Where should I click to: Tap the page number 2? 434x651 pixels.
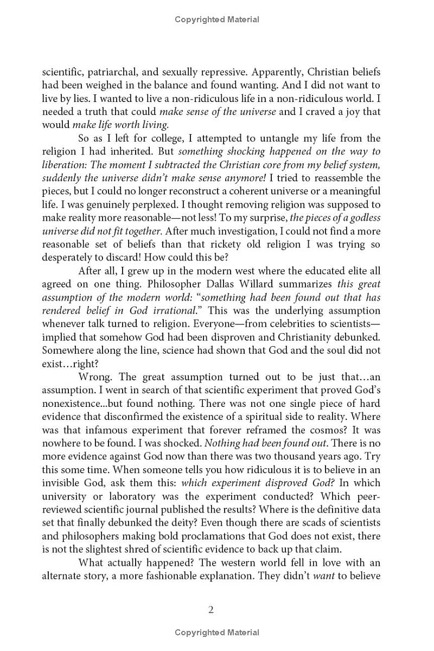coord(211,610)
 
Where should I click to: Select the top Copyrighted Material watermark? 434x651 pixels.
coord(217,20)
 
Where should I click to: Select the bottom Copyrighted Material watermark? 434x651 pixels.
coord(217,633)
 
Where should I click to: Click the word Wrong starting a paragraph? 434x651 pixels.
coord(95,376)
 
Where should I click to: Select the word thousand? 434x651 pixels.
coord(298,456)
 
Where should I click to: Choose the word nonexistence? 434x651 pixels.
coord(71,403)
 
